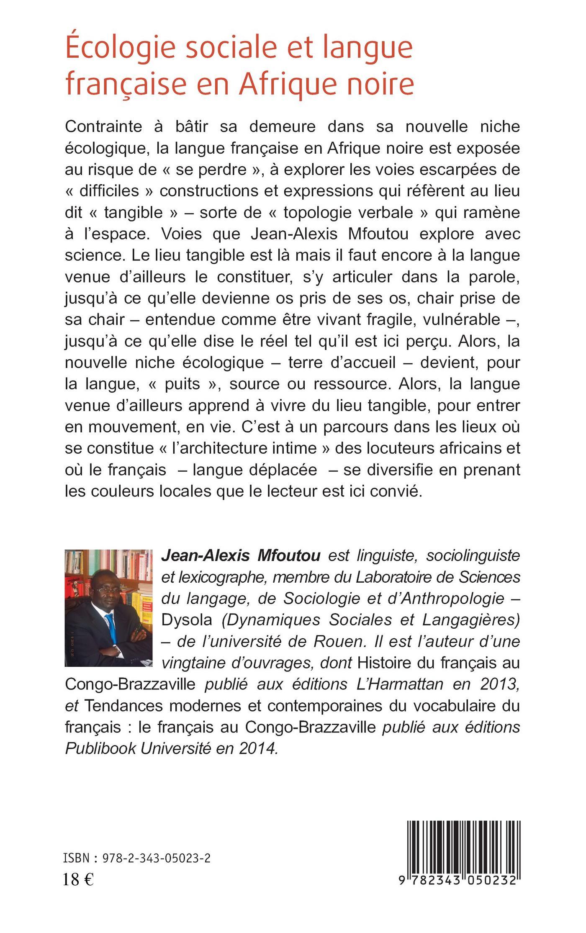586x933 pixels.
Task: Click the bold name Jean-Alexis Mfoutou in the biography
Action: click(241, 556)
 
